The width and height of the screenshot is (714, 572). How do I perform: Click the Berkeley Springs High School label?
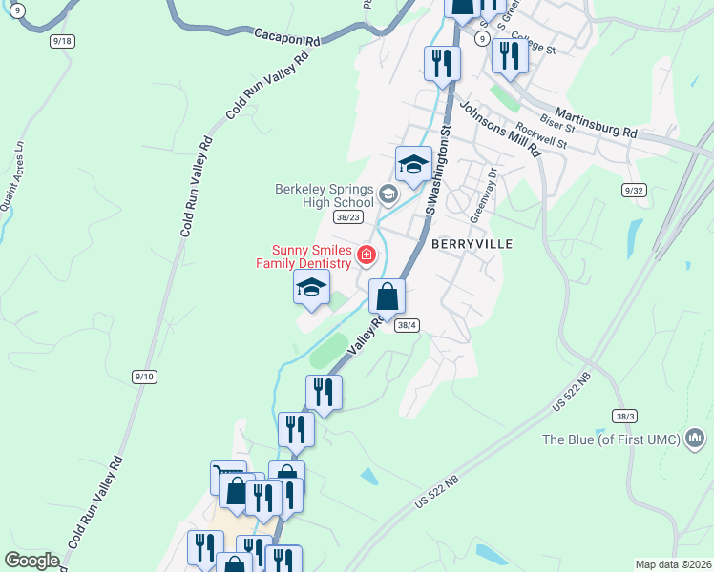click(325, 195)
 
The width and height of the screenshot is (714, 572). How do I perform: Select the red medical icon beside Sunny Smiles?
click(366, 255)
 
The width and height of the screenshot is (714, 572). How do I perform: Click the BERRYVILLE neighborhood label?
click(472, 244)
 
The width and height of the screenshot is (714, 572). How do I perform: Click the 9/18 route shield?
click(63, 41)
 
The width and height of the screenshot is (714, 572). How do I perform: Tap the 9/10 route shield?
click(144, 378)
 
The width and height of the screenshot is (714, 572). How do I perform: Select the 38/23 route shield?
click(350, 216)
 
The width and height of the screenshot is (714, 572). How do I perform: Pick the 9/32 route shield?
click(634, 191)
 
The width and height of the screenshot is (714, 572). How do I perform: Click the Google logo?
click(31, 561)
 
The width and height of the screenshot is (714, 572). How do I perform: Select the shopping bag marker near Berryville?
click(387, 296)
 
